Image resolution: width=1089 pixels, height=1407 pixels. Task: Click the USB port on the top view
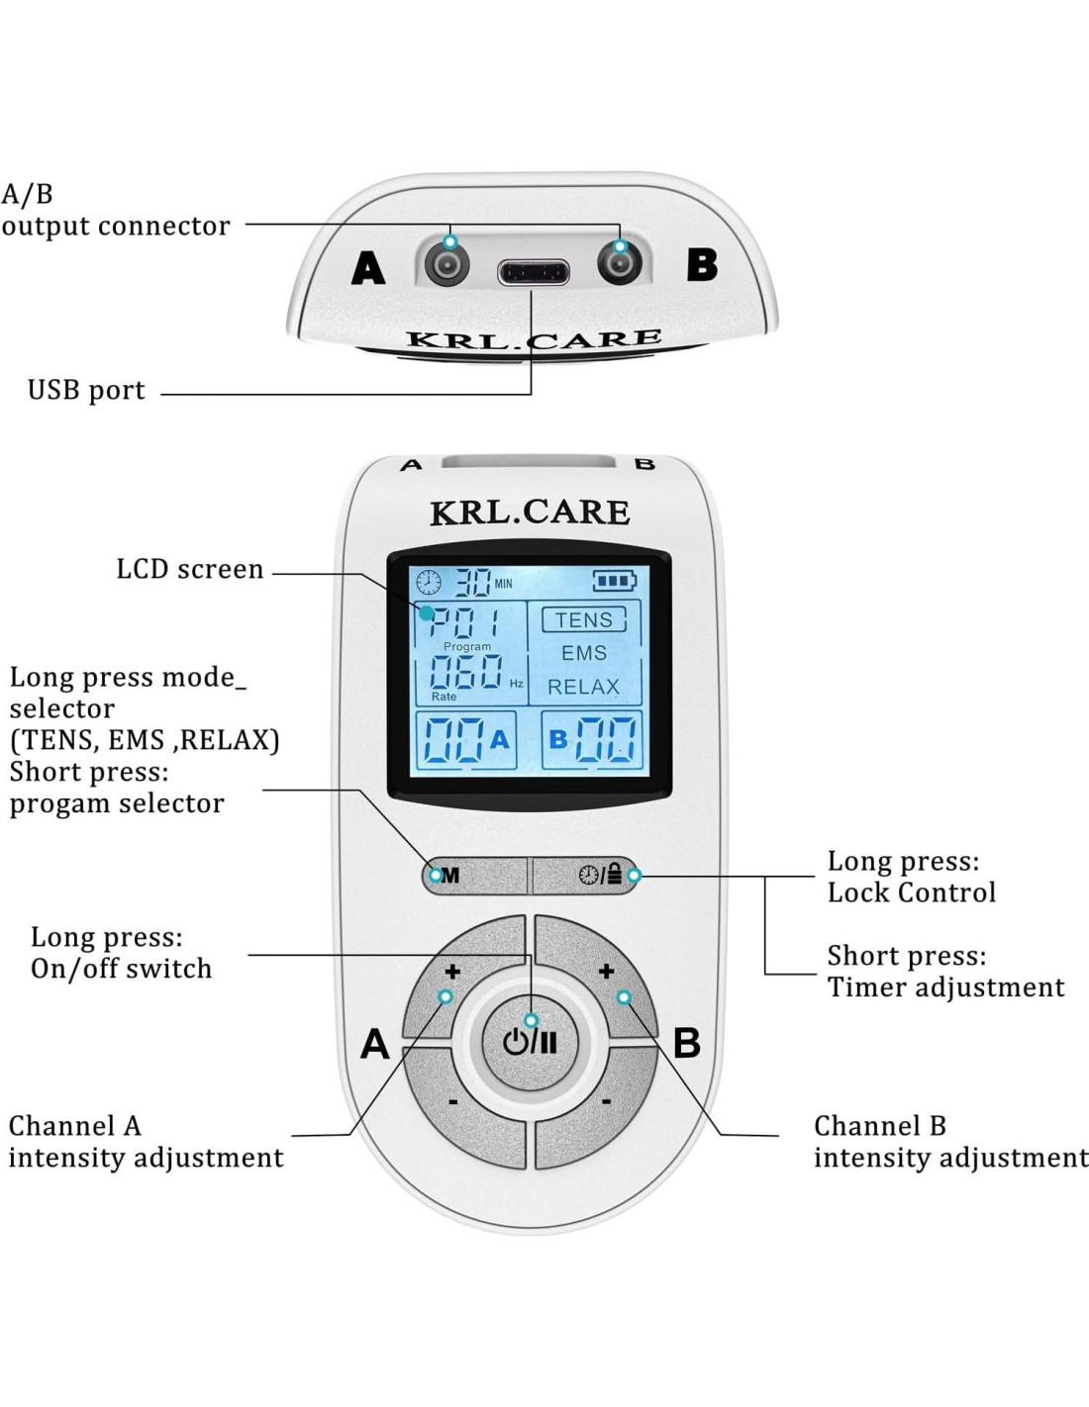(533, 271)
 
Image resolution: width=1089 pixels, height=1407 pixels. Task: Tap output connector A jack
(447, 264)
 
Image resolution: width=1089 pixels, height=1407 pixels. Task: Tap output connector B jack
(620, 264)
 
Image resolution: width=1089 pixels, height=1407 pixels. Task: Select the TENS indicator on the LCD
(583, 620)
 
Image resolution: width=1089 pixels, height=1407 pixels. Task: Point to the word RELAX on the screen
(583, 687)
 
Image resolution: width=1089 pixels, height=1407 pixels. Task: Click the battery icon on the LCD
(614, 581)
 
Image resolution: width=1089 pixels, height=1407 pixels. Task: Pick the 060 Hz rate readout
(465, 673)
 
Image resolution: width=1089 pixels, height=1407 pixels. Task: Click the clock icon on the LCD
(429, 582)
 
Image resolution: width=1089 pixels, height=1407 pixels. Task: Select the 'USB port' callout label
(86, 391)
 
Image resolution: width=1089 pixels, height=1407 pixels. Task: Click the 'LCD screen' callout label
(190, 570)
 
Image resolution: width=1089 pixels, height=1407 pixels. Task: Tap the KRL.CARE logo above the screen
(530, 512)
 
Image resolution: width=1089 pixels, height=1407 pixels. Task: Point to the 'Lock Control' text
(911, 892)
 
